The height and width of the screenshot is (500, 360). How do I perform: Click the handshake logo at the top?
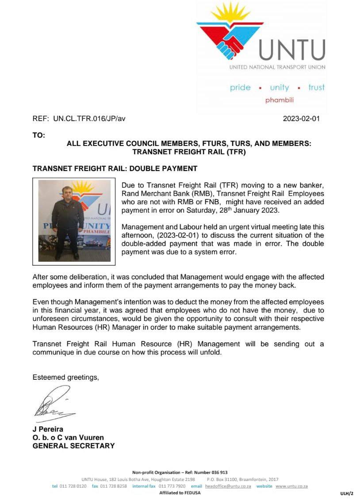230,35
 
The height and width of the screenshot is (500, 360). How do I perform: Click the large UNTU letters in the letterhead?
292,50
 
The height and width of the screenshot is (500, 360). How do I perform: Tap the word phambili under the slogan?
280,100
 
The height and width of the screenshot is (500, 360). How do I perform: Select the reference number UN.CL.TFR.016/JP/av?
89,119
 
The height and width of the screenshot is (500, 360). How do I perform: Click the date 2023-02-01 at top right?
301,119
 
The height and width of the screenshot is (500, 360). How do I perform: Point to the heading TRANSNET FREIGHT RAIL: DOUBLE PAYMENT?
115,169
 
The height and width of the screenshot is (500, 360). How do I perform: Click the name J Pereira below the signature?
48,429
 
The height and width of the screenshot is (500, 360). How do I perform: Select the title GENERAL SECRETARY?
73,446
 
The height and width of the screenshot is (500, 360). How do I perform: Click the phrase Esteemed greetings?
65,377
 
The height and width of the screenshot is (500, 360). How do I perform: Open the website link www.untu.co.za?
291,486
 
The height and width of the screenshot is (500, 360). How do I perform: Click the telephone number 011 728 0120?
73,486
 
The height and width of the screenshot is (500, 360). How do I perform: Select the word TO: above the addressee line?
39,135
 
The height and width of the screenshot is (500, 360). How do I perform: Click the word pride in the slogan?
240,88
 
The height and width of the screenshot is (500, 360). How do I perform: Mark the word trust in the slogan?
316,88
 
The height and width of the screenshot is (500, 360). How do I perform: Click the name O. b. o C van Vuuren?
68,438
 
